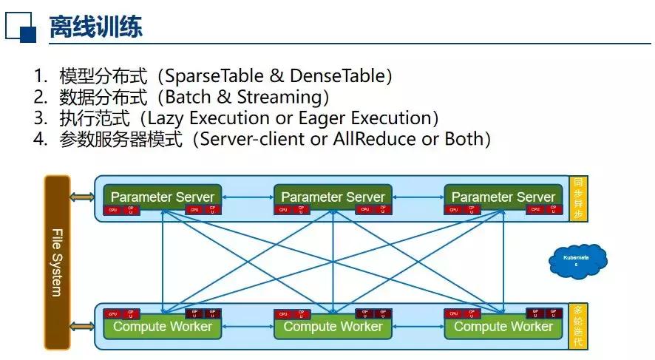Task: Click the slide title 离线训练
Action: pyautogui.click(x=96, y=27)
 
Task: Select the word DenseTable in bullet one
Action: pyautogui.click(x=336, y=75)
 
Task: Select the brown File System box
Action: pyautogui.click(x=57, y=262)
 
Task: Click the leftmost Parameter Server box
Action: pyautogui.click(x=162, y=197)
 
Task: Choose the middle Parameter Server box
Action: pyautogui.click(x=333, y=197)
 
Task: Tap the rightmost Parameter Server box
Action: pyautogui.click(x=503, y=197)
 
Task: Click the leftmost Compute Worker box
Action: pyautogui.click(x=162, y=326)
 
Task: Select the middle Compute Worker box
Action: pyautogui.click(x=333, y=326)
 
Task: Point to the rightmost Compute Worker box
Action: pyautogui.click(x=503, y=326)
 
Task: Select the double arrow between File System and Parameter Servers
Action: pyautogui.click(x=83, y=197)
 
